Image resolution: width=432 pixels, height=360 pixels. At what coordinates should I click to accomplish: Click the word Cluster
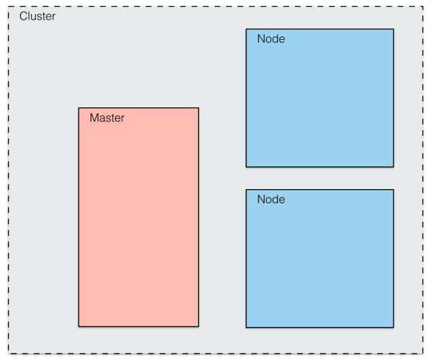pyautogui.click(x=37, y=16)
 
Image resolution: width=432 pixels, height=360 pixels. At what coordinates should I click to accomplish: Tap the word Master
pyautogui.click(x=107, y=118)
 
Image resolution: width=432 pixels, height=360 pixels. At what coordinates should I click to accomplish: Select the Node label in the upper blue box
pyautogui.click(x=271, y=39)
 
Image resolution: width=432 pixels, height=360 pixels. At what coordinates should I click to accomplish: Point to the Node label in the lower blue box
pyautogui.click(x=271, y=199)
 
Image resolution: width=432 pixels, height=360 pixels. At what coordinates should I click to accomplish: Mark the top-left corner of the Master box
pyautogui.click(x=79, y=108)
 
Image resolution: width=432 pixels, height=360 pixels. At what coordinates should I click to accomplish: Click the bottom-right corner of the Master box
pyautogui.click(x=198, y=326)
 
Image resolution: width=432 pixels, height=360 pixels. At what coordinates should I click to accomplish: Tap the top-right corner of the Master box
pyautogui.click(x=198, y=108)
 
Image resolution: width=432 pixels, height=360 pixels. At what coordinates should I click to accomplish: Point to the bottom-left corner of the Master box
pyautogui.click(x=79, y=326)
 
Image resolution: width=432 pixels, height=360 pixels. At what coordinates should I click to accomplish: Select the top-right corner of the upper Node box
pyautogui.click(x=394, y=29)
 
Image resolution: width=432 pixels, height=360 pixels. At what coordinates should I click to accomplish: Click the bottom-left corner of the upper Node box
pyautogui.click(x=246, y=166)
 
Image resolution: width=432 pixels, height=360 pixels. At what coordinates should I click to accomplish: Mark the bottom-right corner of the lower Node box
pyautogui.click(x=394, y=328)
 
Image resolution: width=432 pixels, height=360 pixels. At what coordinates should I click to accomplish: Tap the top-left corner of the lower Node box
pyautogui.click(x=246, y=190)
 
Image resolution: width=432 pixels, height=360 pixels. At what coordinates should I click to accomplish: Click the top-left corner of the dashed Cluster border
pyautogui.click(x=9, y=7)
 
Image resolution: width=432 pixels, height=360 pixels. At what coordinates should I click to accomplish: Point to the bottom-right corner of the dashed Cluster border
pyautogui.click(x=423, y=353)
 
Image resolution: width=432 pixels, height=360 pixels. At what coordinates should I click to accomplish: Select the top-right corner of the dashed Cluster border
pyautogui.click(x=423, y=7)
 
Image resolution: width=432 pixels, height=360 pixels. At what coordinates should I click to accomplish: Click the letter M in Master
pyautogui.click(x=94, y=118)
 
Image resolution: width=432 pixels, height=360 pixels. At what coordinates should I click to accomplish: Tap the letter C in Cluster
pyautogui.click(x=24, y=16)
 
